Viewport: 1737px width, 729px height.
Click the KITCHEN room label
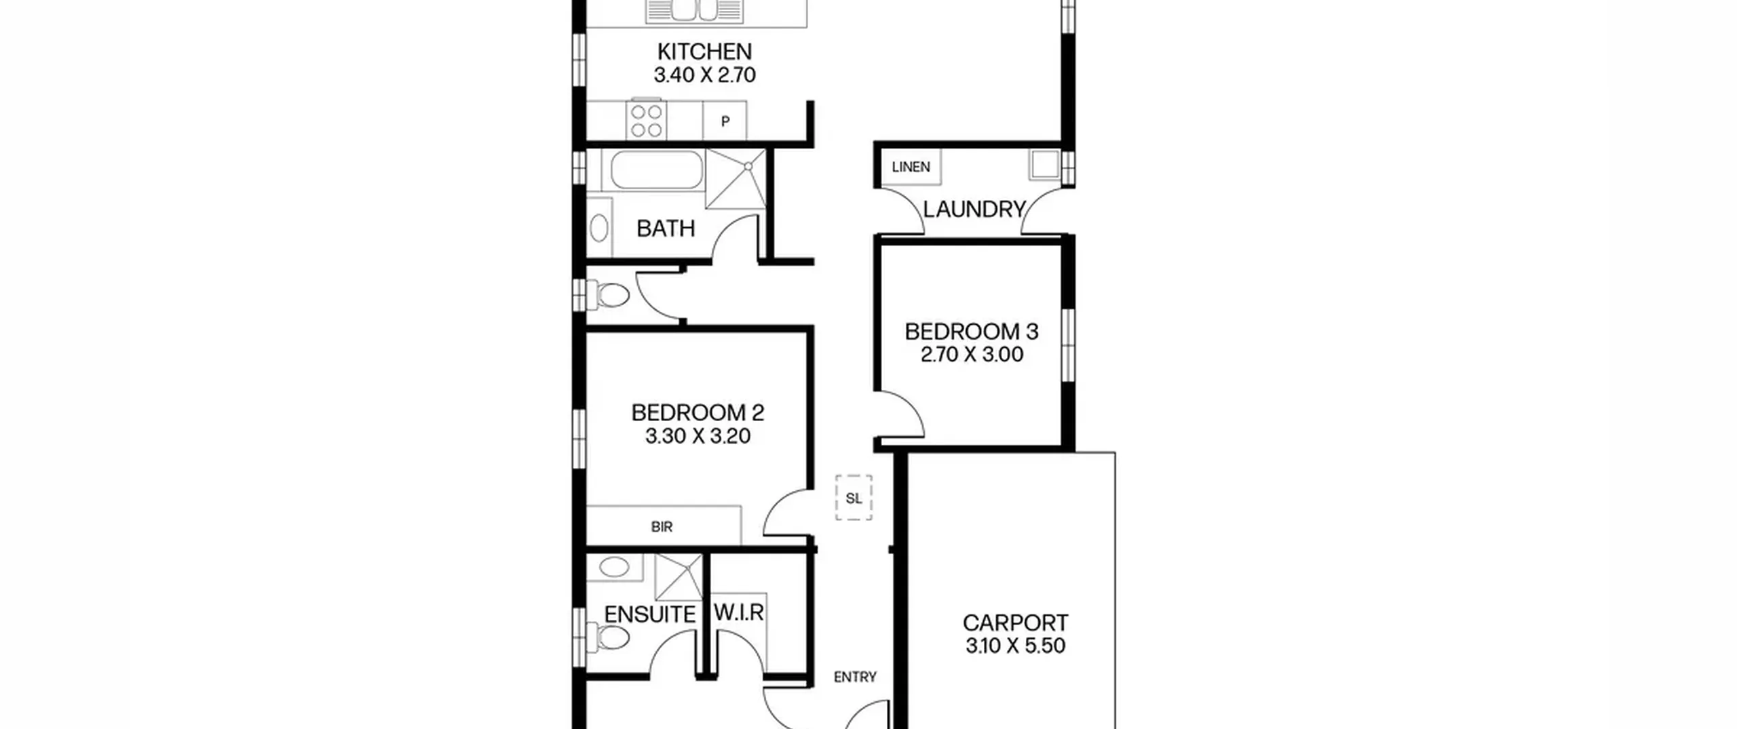pyautogui.click(x=704, y=52)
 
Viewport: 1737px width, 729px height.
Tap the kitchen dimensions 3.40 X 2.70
pyautogui.click(x=704, y=75)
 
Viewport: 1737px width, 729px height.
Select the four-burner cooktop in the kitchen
pyautogui.click(x=647, y=121)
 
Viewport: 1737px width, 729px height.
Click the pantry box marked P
pyautogui.click(x=725, y=121)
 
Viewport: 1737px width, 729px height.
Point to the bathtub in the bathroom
pyautogui.click(x=656, y=170)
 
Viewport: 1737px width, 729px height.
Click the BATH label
pyautogui.click(x=666, y=229)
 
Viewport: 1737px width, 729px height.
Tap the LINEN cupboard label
pyautogui.click(x=911, y=167)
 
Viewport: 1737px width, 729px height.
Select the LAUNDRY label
pyautogui.click(x=974, y=210)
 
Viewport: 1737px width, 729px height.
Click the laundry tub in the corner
pyautogui.click(x=1045, y=165)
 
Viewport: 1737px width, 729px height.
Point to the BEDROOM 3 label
pyautogui.click(x=972, y=332)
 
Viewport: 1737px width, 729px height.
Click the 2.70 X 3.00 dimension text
pyautogui.click(x=972, y=354)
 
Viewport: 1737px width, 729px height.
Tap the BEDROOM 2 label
pyautogui.click(x=698, y=412)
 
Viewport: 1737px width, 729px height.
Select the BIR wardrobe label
pyautogui.click(x=662, y=526)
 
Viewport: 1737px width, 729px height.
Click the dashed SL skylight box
pyautogui.click(x=854, y=498)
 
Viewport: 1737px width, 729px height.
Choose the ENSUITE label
pyautogui.click(x=649, y=614)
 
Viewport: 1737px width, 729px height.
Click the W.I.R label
pyautogui.click(x=739, y=612)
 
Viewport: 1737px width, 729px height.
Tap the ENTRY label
pyautogui.click(x=855, y=677)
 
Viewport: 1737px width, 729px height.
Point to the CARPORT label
pyautogui.click(x=1015, y=623)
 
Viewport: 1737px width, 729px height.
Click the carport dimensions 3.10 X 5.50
pyautogui.click(x=1015, y=646)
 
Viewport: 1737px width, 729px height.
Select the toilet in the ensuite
pyautogui.click(x=611, y=638)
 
